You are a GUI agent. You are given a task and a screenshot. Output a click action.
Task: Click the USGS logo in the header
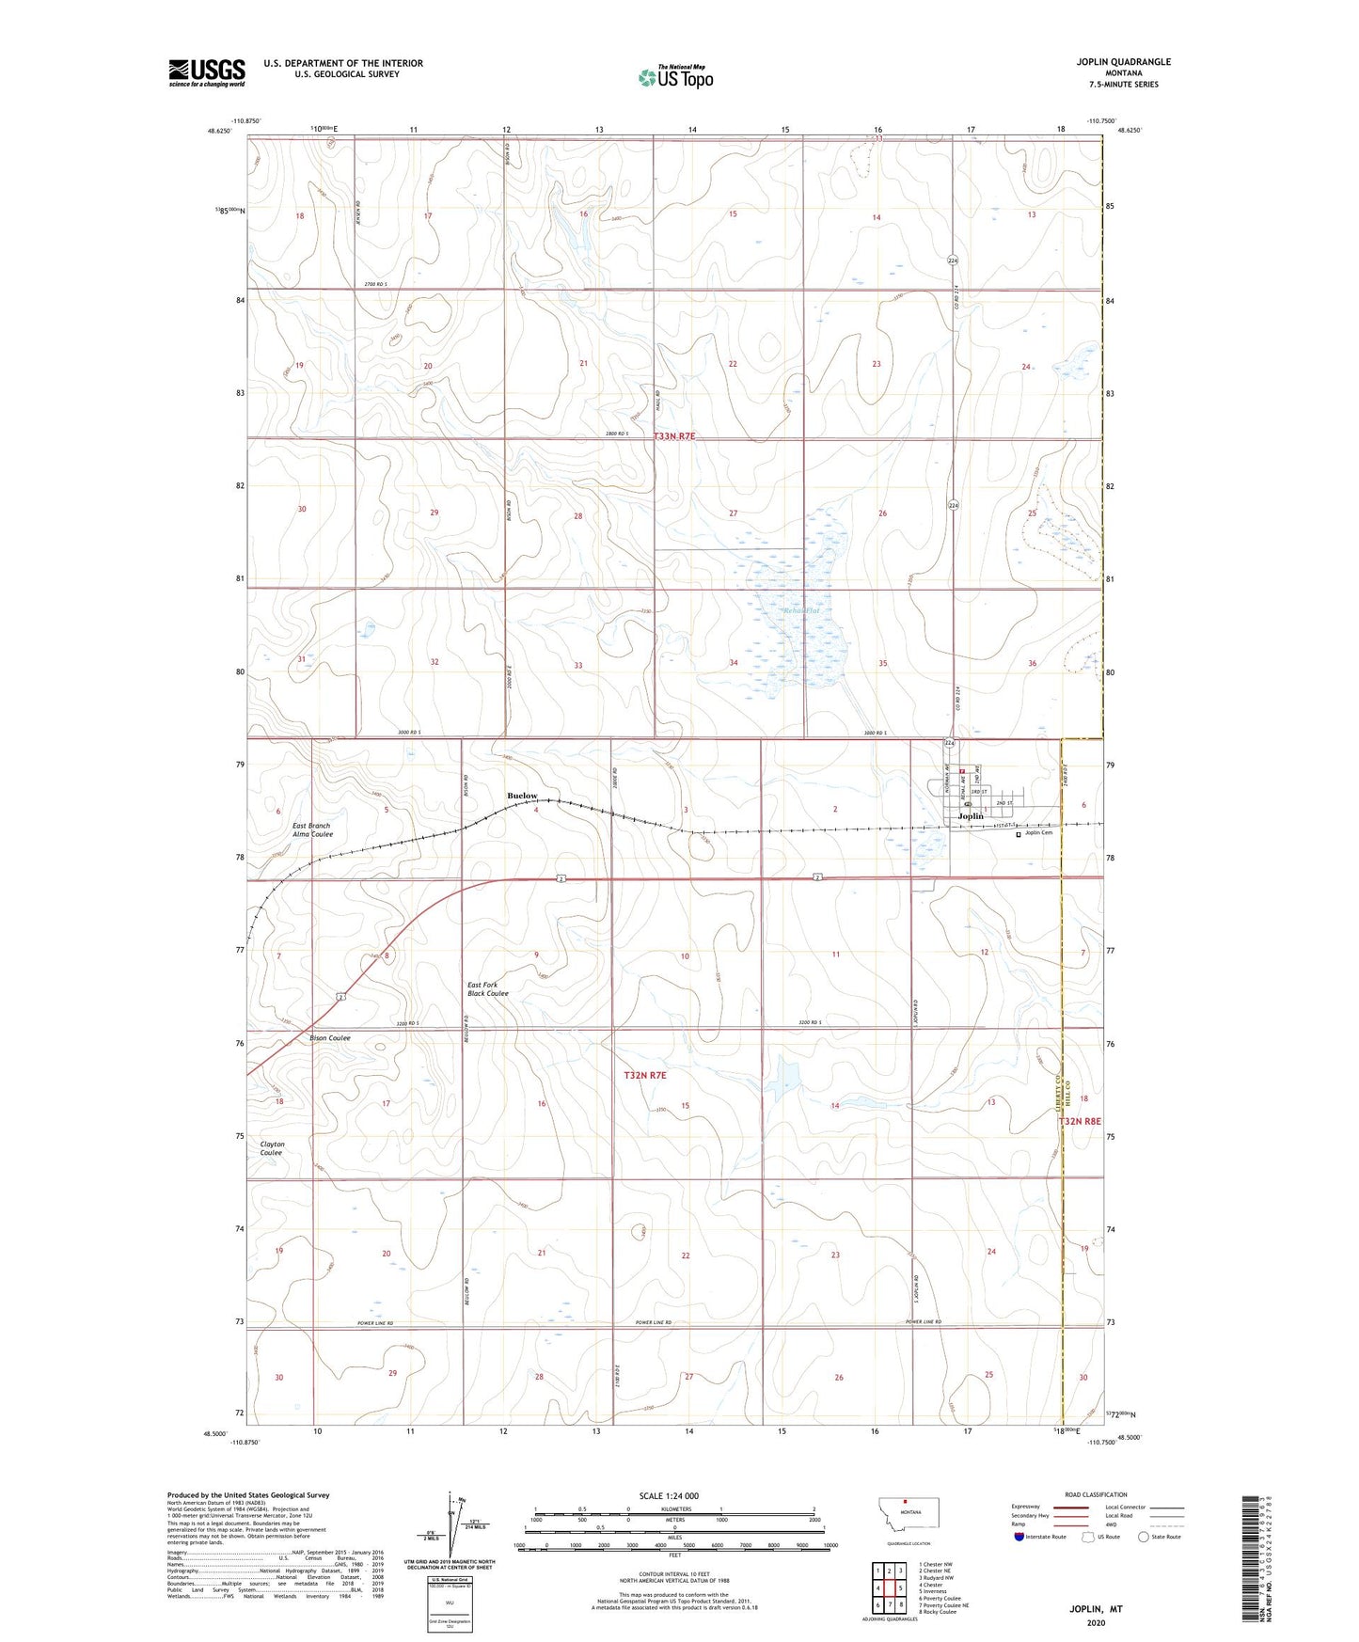pyautogui.click(x=206, y=72)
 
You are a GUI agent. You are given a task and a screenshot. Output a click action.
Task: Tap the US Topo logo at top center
pyautogui.click(x=674, y=76)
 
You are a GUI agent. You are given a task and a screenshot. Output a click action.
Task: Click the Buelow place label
pyautogui.click(x=522, y=796)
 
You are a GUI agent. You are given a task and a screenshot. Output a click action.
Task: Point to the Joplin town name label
pyautogui.click(x=970, y=816)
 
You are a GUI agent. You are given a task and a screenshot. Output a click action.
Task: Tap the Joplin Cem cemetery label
pyautogui.click(x=1038, y=832)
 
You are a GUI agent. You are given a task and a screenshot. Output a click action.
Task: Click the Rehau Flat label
pyautogui.click(x=802, y=611)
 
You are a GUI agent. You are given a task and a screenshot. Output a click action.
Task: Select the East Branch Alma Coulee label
pyautogui.click(x=311, y=829)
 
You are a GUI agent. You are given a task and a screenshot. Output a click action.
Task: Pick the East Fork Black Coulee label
pyautogui.click(x=488, y=988)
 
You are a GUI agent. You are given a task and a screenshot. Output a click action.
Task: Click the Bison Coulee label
pyautogui.click(x=330, y=1038)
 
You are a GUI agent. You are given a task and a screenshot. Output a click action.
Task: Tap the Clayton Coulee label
pyautogui.click(x=272, y=1148)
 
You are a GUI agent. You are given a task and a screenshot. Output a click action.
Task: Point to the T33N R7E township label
pyautogui.click(x=674, y=436)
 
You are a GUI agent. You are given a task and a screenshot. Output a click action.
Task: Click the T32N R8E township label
pyautogui.click(x=1079, y=1121)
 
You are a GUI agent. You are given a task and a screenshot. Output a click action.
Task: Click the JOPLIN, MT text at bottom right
pyautogui.click(x=1096, y=1609)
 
